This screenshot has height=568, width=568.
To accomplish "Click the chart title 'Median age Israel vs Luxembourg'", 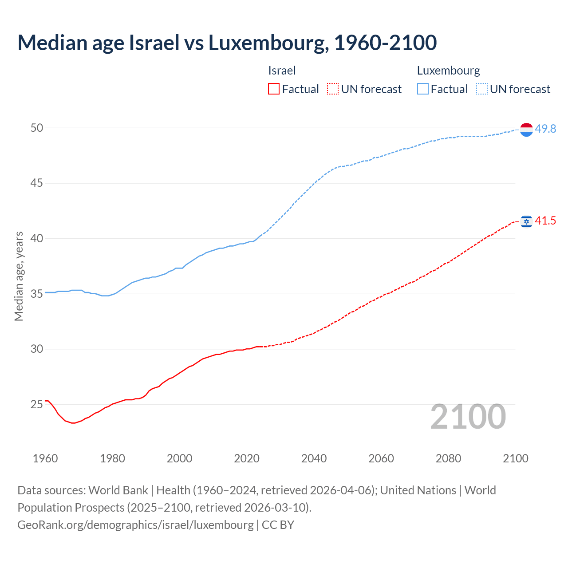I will pos(227,43).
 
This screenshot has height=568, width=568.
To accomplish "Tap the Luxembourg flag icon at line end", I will pos(526,130).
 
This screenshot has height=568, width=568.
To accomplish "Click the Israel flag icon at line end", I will pos(526,221).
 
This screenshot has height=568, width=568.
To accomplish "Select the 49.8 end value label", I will pos(545,129).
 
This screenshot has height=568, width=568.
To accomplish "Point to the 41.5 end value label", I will pos(545,221).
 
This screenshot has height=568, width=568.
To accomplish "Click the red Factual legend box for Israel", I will pos(274,89).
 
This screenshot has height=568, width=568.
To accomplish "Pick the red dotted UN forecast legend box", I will pos(333,89).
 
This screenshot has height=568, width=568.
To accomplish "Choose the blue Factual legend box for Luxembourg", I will pos(422,89).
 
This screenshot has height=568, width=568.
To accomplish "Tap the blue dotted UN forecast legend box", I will pos(481,89).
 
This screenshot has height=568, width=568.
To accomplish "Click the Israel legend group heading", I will pos(282,71).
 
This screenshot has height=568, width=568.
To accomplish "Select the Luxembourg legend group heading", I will pos(448,71).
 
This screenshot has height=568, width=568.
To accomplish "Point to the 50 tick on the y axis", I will pos(37,128).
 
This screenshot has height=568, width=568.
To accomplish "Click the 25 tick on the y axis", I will pos(37,404).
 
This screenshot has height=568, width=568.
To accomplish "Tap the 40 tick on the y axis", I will pos(37,239).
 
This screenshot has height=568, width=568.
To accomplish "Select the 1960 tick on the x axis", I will pos(45,458).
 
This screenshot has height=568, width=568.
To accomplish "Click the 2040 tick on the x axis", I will pos(314,458).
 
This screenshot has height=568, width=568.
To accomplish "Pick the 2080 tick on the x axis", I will pos(448,458).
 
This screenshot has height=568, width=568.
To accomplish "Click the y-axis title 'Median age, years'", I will pos(19,276).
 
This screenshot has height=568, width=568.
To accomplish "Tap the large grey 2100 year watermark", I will pos(468,417).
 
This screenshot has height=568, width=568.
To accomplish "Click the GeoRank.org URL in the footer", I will pos(135,525).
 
